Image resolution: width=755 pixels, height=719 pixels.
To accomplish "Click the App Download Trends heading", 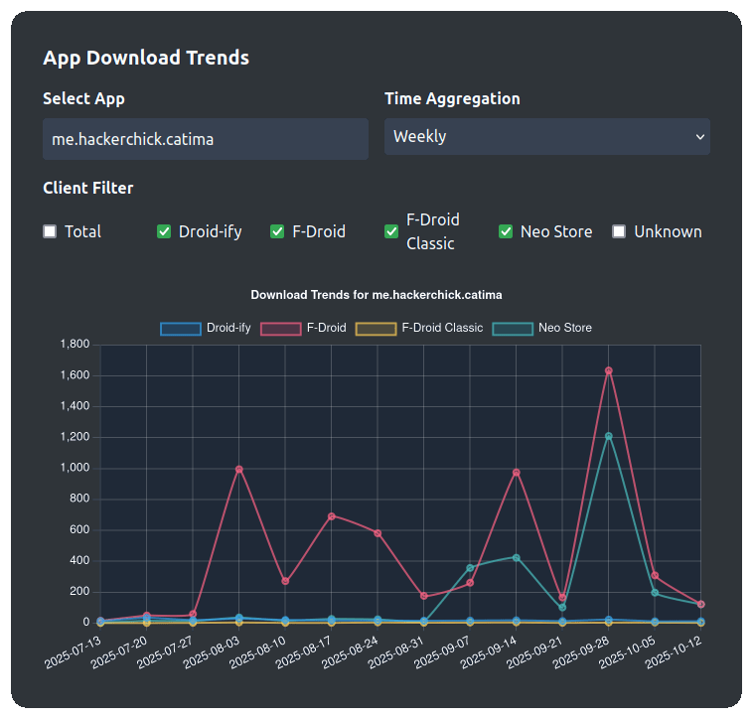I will click(146, 58).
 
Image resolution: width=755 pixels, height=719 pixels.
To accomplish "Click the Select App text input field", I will click(205, 139).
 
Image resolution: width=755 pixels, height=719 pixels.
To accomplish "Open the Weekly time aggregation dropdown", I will click(546, 137).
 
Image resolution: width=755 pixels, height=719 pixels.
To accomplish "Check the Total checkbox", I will click(50, 231).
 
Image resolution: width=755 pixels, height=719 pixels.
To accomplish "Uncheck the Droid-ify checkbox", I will click(164, 231).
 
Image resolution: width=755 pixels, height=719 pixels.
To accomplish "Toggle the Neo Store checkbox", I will click(506, 231).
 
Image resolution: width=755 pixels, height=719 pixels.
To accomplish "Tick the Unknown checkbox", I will click(619, 231).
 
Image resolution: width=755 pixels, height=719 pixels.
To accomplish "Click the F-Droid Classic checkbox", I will click(391, 231).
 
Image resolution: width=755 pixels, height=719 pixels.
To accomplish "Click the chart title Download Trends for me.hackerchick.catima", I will click(377, 295).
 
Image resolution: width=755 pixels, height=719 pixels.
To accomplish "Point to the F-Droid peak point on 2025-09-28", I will click(608, 370).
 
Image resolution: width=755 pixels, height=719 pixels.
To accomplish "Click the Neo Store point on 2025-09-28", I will click(608, 436).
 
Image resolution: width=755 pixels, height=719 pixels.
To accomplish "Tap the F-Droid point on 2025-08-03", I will click(238, 469).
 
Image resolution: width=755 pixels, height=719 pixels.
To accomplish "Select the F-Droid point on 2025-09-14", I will click(516, 473).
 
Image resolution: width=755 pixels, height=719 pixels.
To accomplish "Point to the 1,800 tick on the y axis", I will click(75, 345).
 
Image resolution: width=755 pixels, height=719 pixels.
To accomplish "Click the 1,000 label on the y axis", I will click(75, 468).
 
